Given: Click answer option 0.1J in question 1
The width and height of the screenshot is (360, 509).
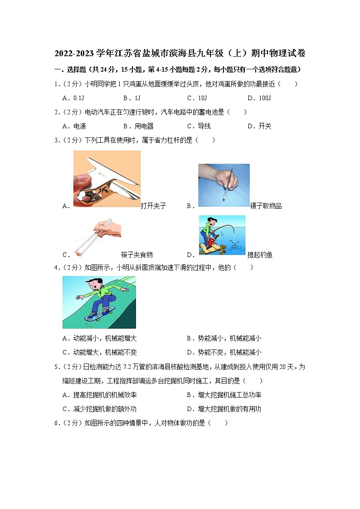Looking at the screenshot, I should click(x=74, y=98).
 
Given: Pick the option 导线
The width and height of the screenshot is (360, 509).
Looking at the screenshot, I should click(x=199, y=126).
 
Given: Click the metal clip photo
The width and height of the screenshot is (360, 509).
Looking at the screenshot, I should click(x=107, y=179).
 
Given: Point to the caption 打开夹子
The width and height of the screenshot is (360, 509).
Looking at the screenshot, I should click(x=153, y=206).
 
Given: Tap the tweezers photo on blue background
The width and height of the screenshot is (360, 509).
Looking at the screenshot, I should click(x=224, y=185).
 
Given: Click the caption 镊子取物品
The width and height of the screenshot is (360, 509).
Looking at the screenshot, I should click(x=266, y=206).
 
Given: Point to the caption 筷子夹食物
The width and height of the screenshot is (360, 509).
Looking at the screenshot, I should click(x=137, y=255).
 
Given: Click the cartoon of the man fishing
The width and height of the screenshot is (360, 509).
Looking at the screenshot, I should click(x=222, y=235).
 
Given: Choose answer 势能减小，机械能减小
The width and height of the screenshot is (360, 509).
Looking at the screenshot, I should click(x=224, y=339).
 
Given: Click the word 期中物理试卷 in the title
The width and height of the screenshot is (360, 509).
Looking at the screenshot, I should click(x=279, y=53).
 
